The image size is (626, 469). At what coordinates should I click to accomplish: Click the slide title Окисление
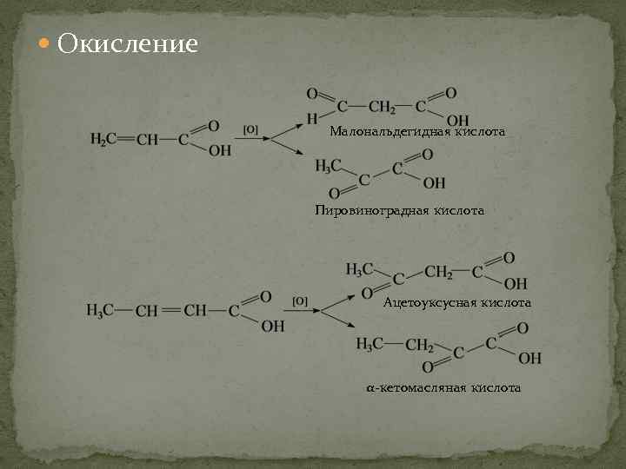point(127,43)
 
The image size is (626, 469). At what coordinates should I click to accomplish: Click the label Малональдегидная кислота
point(417,132)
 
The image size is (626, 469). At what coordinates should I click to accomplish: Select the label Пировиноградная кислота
point(399,210)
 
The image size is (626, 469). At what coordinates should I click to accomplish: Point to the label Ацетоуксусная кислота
point(456,302)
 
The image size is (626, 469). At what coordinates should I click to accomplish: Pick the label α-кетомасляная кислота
point(443,387)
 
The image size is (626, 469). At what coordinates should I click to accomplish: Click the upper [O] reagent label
point(250,129)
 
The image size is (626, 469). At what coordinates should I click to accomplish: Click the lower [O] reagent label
point(300,301)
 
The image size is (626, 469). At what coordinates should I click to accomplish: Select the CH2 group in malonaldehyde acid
point(382,107)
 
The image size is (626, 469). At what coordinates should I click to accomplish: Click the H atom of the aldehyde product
point(312,119)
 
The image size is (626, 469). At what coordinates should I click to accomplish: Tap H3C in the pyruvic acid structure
point(328,165)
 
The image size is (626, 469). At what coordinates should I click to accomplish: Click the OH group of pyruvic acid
point(434,182)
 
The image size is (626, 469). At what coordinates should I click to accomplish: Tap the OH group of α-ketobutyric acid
point(529,357)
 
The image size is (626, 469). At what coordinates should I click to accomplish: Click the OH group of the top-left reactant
point(220,151)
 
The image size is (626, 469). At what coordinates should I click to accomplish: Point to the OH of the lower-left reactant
point(272,326)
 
